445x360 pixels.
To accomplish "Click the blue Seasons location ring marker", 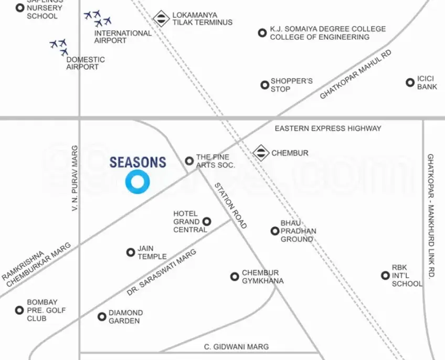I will click(137, 182).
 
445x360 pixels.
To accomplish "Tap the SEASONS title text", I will click(137, 163).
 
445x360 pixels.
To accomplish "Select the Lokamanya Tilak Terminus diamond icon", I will click(161, 19).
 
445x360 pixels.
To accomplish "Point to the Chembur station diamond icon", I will click(261, 153).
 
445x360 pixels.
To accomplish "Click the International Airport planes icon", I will click(98, 19).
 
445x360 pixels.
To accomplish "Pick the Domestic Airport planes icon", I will click(59, 47).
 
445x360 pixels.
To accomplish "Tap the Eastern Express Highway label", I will click(328, 128).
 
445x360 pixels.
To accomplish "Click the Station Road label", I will click(230, 205).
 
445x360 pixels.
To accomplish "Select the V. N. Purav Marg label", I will click(75, 178).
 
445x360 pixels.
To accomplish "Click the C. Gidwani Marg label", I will click(236, 346).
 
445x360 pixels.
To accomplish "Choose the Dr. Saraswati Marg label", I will click(161, 272).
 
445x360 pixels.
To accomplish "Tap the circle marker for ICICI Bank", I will click(410, 82).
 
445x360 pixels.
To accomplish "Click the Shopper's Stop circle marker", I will click(264, 85).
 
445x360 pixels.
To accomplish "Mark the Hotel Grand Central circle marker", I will click(207, 221).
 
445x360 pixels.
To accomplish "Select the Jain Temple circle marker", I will click(131, 252).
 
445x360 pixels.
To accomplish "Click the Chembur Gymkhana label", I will click(262, 277).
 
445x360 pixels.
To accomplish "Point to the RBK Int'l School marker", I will click(385, 276).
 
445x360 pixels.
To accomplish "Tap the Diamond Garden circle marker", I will click(102, 316).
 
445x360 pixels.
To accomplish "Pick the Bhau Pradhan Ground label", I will click(298, 231).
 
